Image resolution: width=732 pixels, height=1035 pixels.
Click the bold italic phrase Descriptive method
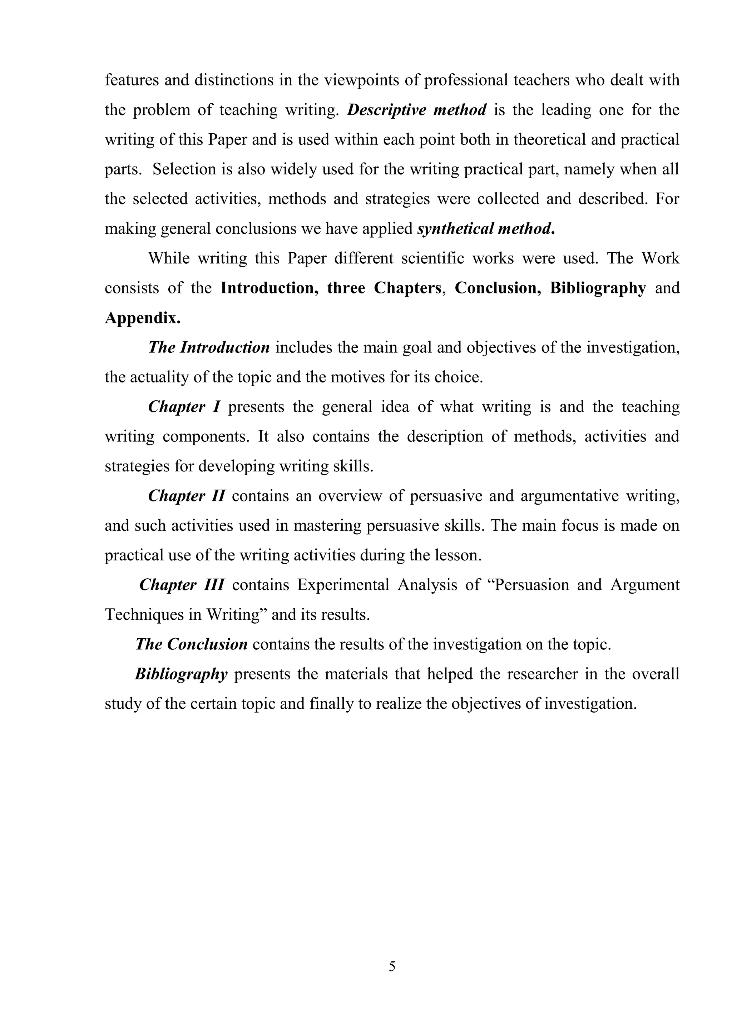pyautogui.click(x=416, y=110)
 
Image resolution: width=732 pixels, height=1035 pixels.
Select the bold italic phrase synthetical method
pyautogui.click(x=485, y=229)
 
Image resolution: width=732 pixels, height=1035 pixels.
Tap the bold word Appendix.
pyautogui.click(x=143, y=318)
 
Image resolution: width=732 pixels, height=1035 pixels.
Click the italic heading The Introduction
pyautogui.click(x=209, y=347)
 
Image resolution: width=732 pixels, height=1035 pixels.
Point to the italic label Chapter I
pyautogui.click(x=184, y=407)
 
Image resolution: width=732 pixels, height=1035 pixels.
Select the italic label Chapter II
pyautogui.click(x=187, y=496)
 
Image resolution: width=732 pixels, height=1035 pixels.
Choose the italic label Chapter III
pyautogui.click(x=182, y=585)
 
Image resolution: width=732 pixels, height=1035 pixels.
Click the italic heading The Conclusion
pyautogui.click(x=191, y=644)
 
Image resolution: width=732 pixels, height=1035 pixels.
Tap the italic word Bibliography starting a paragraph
pyautogui.click(x=181, y=674)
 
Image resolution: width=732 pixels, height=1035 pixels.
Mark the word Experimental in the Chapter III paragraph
pyautogui.click(x=342, y=585)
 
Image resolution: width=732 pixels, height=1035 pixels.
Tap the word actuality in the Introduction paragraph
pyautogui.click(x=159, y=377)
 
